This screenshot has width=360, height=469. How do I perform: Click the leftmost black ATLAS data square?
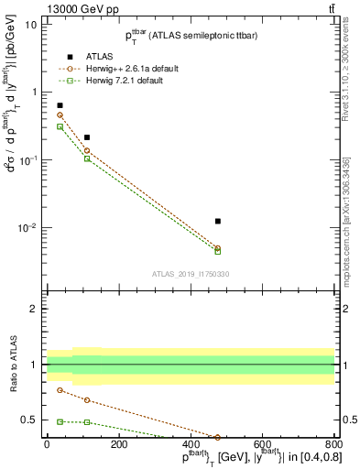60,105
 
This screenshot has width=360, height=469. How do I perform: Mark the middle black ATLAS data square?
87,137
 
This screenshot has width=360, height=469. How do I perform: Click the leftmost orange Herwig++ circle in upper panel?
60,115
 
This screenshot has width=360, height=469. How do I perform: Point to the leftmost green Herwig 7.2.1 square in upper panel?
60,126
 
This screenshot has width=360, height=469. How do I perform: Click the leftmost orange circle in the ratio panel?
60,390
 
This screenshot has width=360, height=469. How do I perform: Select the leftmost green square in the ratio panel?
60,421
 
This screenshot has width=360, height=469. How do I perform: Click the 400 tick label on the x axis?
191,444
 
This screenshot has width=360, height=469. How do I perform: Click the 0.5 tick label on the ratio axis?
30,420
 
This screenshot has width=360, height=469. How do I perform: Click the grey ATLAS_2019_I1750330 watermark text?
191,274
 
